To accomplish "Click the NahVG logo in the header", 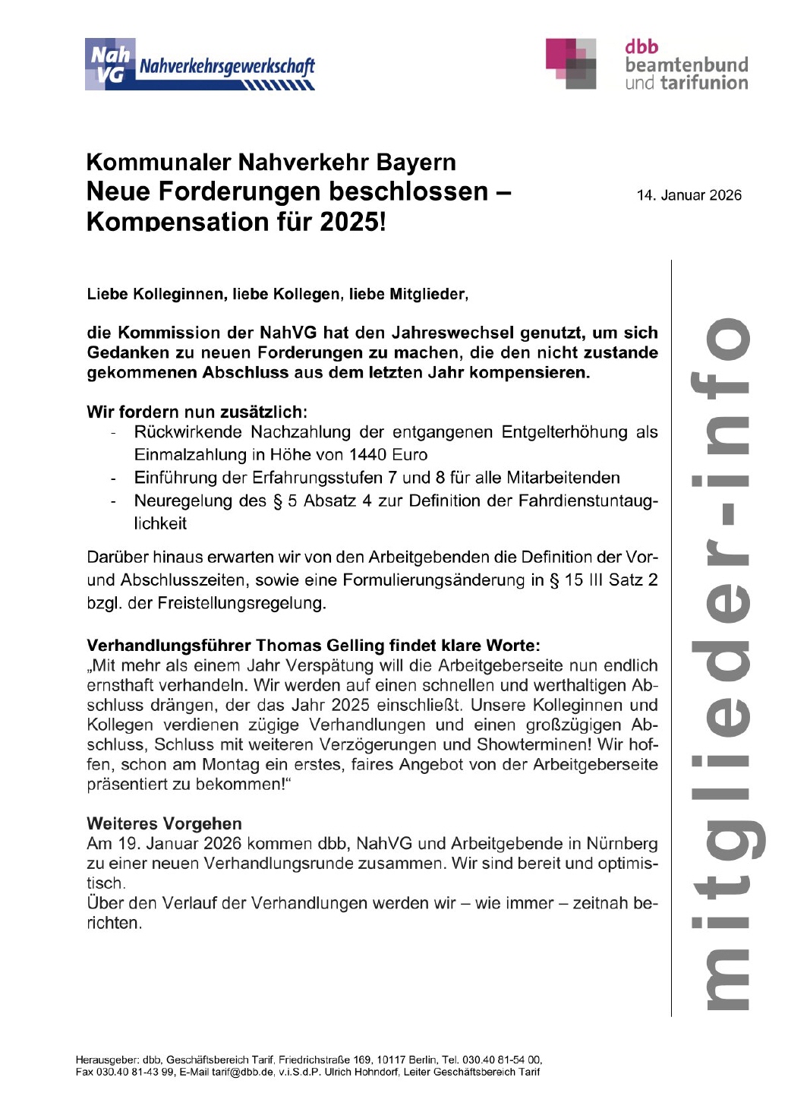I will pyautogui.click(x=199, y=65).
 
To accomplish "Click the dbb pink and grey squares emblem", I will pyautogui.click(x=571, y=64).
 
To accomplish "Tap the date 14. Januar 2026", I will pyautogui.click(x=689, y=195).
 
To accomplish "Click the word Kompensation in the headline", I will pyautogui.click(x=178, y=222).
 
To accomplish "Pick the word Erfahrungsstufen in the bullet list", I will pyautogui.click(x=328, y=478).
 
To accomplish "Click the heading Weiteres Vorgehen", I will pyautogui.click(x=164, y=823).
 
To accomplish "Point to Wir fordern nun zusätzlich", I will pyautogui.click(x=197, y=412).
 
